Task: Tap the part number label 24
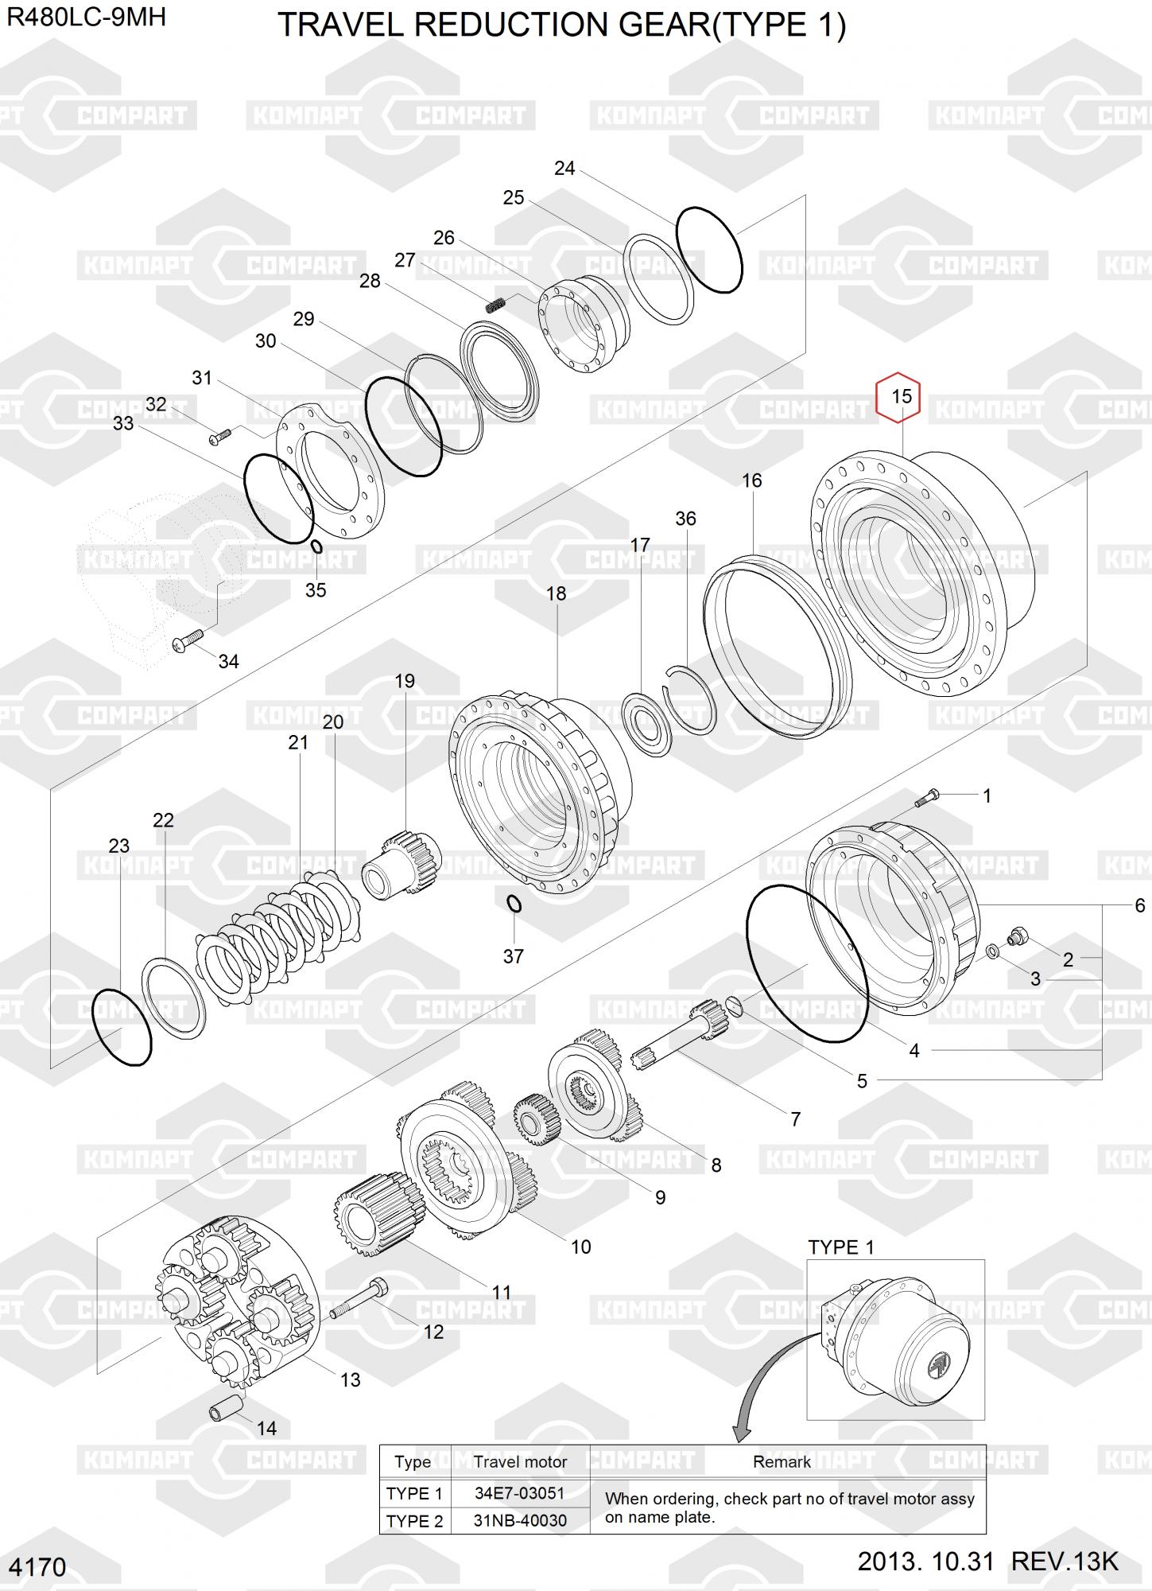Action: pos(564,168)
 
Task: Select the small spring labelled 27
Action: pos(497,304)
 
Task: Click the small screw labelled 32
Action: pos(219,436)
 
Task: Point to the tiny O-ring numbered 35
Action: pos(316,547)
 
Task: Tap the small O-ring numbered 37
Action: pos(514,904)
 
